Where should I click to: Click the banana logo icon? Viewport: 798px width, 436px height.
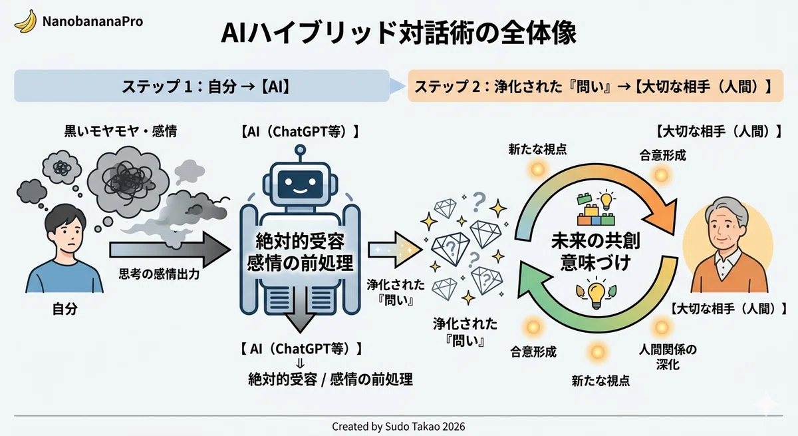[x=26, y=21]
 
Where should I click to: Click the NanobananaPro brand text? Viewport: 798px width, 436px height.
[x=92, y=21]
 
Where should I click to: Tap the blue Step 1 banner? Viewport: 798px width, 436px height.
[x=201, y=86]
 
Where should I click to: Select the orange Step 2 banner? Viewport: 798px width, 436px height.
[x=595, y=86]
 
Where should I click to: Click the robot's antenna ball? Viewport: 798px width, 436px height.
[x=301, y=149]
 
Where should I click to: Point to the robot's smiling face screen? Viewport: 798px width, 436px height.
[x=301, y=184]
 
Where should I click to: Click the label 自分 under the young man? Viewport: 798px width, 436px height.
[x=65, y=309]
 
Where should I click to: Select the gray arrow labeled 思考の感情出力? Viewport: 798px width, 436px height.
[x=170, y=250]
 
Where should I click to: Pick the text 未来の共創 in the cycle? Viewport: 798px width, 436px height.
[x=595, y=241]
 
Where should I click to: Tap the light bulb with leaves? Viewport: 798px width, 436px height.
[x=596, y=294]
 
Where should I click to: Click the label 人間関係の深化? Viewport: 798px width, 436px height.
[x=668, y=357]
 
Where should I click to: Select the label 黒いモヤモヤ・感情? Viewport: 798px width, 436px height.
[x=120, y=131]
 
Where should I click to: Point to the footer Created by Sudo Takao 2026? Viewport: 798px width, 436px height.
[x=398, y=427]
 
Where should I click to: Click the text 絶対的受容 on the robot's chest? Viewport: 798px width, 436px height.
[x=300, y=242]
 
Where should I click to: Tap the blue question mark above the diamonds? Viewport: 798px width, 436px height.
[x=479, y=202]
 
